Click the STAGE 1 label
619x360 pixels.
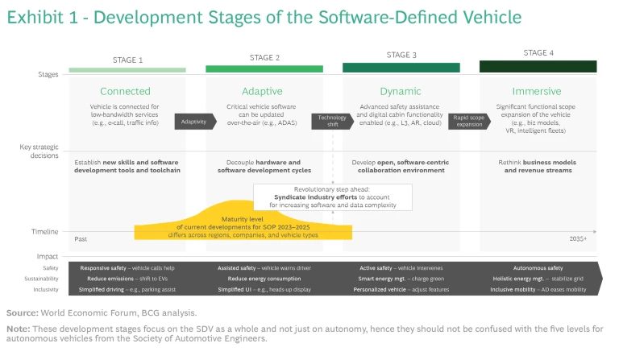coord(127,60)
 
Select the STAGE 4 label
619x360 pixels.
coord(538,53)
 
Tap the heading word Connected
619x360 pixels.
coord(125,91)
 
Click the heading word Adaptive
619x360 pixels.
coord(262,91)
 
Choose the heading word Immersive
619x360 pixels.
coord(538,91)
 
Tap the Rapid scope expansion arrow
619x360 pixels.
coord(467,121)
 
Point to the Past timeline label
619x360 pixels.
coord(81,238)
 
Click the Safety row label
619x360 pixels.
coord(50,267)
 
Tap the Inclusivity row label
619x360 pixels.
coord(46,288)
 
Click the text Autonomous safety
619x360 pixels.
coord(538,267)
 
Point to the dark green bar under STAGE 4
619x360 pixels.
coord(538,67)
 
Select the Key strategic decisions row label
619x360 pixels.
coord(39,151)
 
